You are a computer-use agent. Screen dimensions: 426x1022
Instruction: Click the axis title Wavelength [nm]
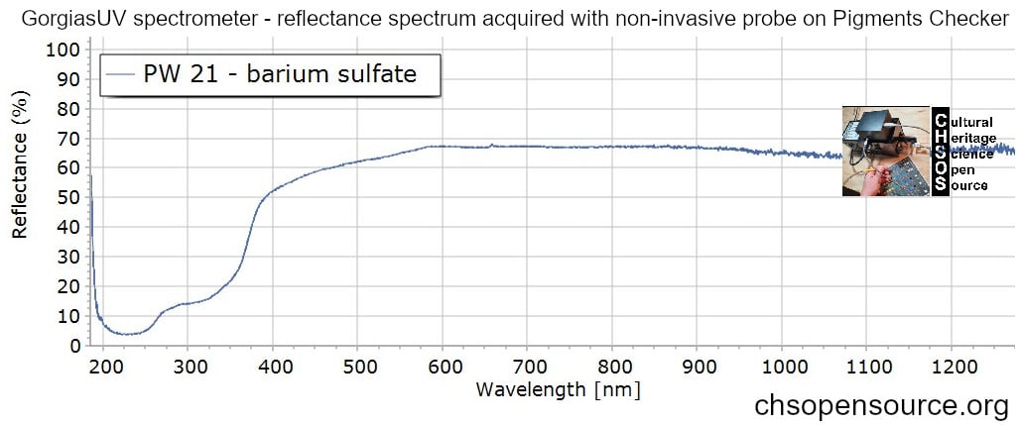pos(558,388)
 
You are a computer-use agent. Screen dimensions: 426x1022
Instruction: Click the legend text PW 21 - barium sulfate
pos(280,74)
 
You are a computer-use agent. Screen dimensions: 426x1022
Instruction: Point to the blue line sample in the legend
pos(121,74)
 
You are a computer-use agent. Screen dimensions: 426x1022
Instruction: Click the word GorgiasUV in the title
pos(63,19)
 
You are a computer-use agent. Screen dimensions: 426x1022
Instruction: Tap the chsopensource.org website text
pos(881,406)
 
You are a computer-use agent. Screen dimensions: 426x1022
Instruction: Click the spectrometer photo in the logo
pos(886,151)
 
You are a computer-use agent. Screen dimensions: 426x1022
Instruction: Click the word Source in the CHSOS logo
pos(968,186)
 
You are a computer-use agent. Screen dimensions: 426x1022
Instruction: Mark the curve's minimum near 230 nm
pos(128,334)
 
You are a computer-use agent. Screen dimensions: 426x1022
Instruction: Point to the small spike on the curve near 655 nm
pos(491,145)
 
